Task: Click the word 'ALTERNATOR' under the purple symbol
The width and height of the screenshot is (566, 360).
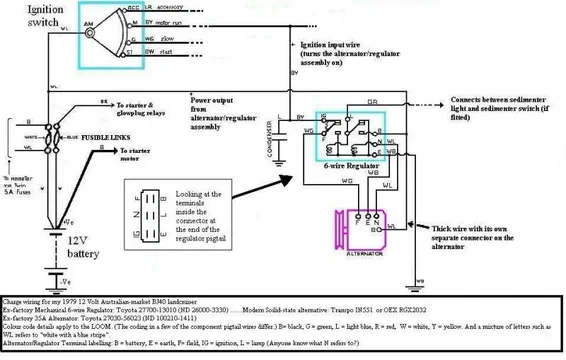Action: [365, 256]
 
